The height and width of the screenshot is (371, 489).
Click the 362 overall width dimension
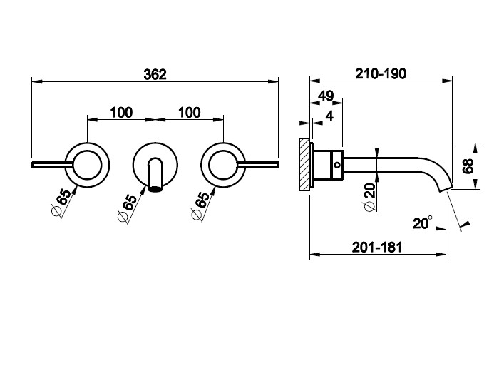point(155,75)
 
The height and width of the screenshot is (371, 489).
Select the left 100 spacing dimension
point(121,112)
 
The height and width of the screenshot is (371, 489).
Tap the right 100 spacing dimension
point(190,112)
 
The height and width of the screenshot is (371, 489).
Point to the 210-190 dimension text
point(381,74)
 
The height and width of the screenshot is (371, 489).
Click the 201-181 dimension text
point(377,248)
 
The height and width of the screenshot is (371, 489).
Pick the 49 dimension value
point(326,96)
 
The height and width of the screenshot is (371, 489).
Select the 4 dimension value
point(329,116)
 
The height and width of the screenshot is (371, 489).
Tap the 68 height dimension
point(468,166)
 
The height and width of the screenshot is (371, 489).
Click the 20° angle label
point(423,223)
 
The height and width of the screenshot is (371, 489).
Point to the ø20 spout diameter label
point(369,197)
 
